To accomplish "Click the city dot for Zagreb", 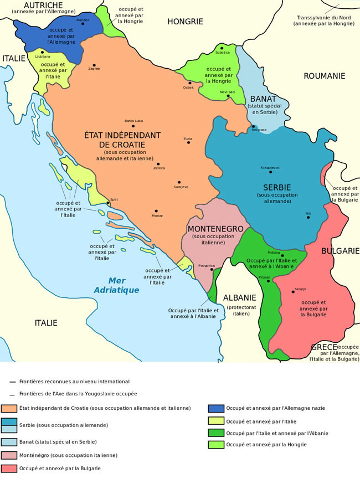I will coord(94,65).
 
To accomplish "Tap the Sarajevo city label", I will coord(181,187).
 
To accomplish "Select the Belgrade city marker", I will coord(253,126).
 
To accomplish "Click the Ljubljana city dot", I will coord(42,52).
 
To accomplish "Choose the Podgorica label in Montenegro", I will coord(206,265).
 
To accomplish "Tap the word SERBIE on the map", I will coord(277,187).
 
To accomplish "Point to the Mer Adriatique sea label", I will coord(116,285).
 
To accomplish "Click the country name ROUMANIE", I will coord(324,76).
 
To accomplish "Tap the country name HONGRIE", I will coord(185,22).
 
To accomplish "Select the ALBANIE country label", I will coord(239,297).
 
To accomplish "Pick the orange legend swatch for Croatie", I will coord(9,408).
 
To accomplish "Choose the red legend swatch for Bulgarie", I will coord(9,469).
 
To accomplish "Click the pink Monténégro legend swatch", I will coord(9,455).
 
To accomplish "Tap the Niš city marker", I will coord(308,218).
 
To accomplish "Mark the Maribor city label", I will coord(83,19).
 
